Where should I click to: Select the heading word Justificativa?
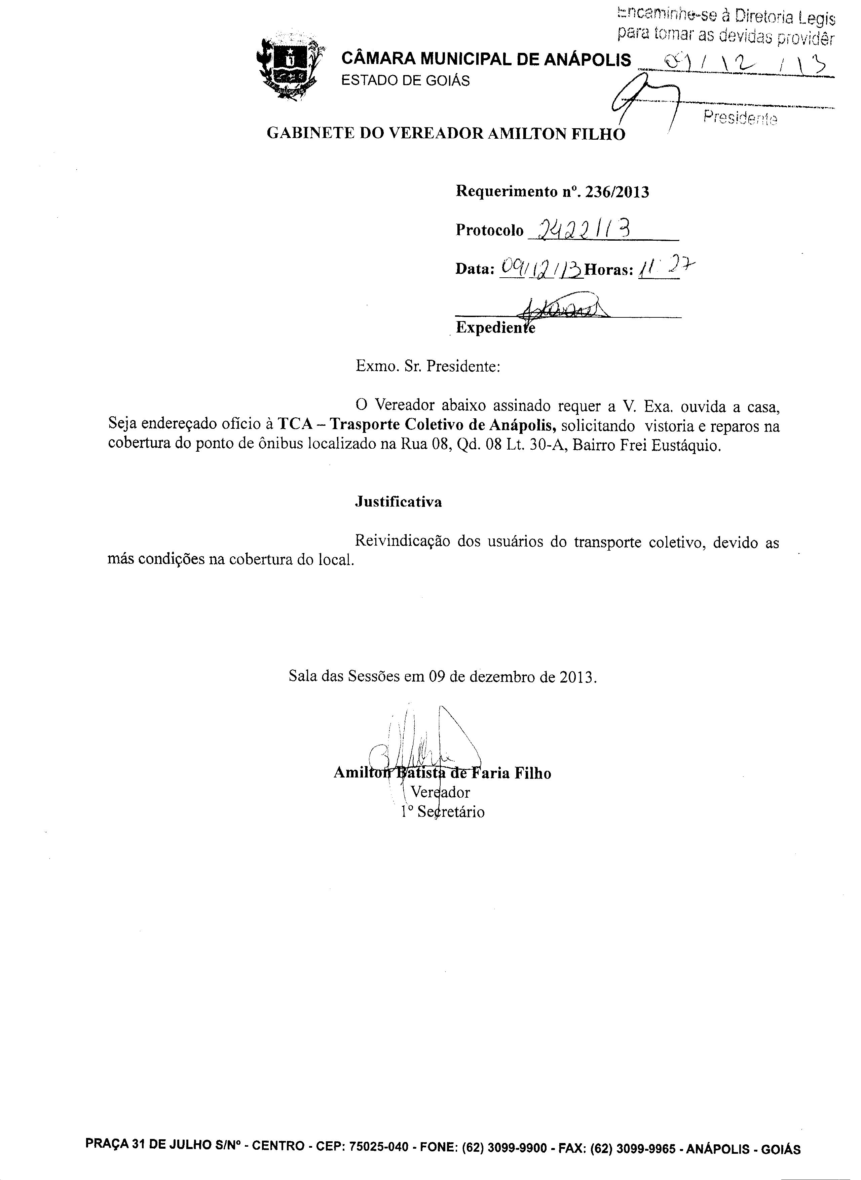pos(398,502)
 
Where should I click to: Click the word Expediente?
pos(495,328)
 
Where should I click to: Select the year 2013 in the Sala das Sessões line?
pos(577,678)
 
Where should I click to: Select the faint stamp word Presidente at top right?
pos(740,118)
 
